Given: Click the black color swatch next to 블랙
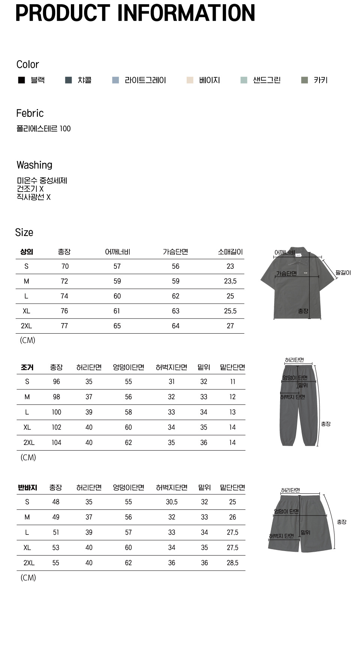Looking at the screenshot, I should [x=21, y=80].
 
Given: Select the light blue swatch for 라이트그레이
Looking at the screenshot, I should [x=115, y=80].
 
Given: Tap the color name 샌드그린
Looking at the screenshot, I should [x=267, y=80].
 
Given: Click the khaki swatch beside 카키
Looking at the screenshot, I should [x=304, y=80].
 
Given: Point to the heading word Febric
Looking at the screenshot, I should [x=30, y=113].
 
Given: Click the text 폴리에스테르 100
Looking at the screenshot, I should [x=43, y=129].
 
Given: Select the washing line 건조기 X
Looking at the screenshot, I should [x=30, y=189].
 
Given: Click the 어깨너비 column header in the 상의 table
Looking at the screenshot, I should [x=117, y=252].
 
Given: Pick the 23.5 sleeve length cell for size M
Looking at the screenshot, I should [x=230, y=281].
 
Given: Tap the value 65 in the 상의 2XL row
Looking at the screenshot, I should [x=117, y=326].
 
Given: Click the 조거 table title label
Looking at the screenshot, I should [x=27, y=367].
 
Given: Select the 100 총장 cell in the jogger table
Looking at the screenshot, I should [x=56, y=412].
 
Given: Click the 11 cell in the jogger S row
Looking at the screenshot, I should [x=232, y=382].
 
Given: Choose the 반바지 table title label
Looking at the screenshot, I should [x=27, y=488].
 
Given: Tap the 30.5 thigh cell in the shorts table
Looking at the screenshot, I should [x=172, y=502].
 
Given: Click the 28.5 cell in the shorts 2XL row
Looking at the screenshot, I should [x=232, y=563].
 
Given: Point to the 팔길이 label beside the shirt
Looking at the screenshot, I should [x=343, y=273].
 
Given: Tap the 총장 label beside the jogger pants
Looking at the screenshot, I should [x=325, y=424].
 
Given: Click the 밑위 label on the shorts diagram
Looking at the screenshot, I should [x=305, y=532].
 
